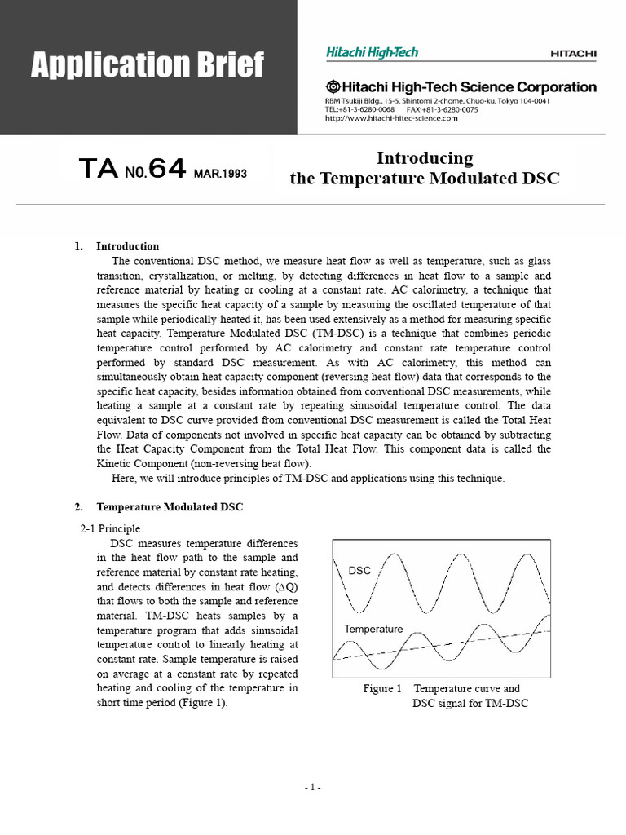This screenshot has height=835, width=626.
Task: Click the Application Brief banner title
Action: click(148, 64)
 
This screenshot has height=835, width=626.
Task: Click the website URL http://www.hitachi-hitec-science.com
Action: click(391, 118)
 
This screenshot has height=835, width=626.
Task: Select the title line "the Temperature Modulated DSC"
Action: click(425, 179)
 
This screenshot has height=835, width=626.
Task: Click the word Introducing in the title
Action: click(424, 157)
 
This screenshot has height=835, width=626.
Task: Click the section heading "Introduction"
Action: click(128, 246)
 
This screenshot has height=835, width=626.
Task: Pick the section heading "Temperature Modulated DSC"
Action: click(170, 507)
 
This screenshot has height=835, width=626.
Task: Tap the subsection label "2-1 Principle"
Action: click(110, 528)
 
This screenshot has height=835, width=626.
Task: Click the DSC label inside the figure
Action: click(359, 571)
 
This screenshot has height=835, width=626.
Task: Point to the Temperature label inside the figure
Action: click(373, 630)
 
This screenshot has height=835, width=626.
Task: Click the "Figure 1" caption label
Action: click(382, 689)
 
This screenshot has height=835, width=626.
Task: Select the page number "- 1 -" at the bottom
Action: click(313, 787)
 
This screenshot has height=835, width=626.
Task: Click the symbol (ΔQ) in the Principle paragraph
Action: click(285, 587)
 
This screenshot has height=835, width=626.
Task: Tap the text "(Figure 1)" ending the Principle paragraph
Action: click(201, 704)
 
